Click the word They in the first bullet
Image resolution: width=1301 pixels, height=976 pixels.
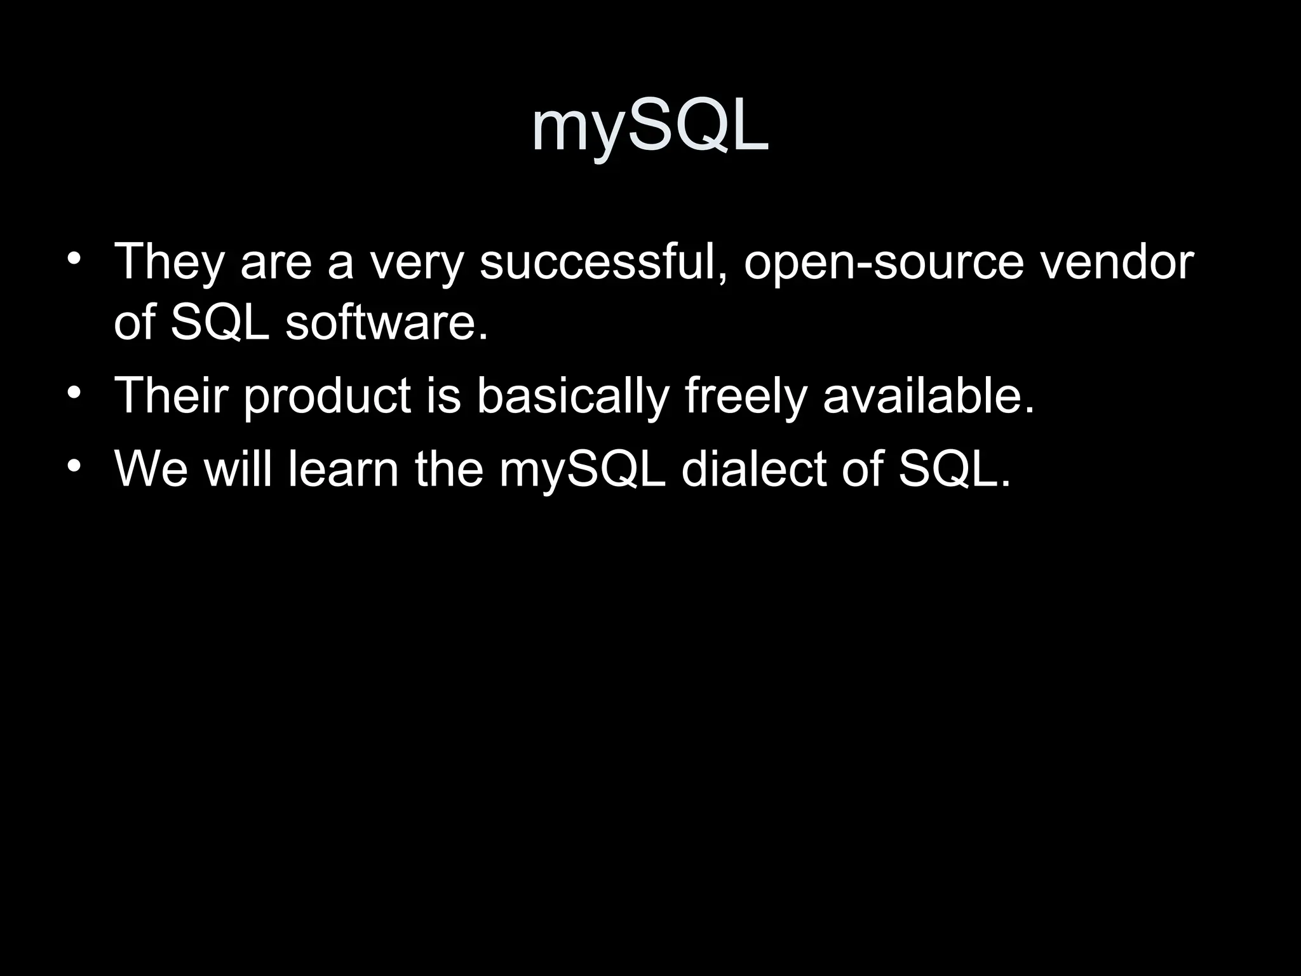click(168, 262)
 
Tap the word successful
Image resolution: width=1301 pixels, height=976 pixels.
click(603, 262)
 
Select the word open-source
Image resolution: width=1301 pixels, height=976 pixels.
click(884, 262)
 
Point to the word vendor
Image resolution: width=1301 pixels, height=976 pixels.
click(1116, 262)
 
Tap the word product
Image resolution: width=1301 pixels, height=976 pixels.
click(327, 396)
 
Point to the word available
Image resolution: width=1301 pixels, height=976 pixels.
click(928, 396)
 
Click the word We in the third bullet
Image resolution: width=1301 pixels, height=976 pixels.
click(151, 469)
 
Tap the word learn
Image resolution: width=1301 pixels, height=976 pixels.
click(343, 469)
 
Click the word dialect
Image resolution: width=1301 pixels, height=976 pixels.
click(753, 469)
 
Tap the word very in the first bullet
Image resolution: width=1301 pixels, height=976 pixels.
click(417, 262)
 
